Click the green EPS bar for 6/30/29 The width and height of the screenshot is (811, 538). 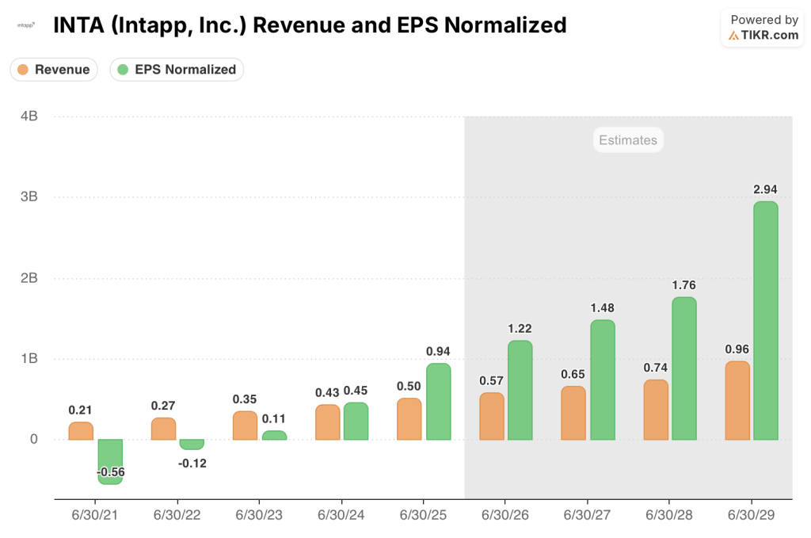coord(765,321)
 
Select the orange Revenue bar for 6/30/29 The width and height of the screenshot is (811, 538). coord(737,401)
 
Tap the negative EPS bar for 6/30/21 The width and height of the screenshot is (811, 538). coord(110,460)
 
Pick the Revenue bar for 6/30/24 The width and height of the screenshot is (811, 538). coord(327,422)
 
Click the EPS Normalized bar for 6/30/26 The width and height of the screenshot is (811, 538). coord(520,390)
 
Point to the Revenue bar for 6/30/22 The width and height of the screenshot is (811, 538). coord(163,429)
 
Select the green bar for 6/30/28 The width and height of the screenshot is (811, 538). coord(683,368)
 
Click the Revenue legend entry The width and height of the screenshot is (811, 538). coord(54,70)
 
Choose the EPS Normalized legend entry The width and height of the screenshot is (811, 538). coord(177,70)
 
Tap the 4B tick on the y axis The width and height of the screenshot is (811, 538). coord(29,116)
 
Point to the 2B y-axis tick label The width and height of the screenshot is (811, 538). coord(29,278)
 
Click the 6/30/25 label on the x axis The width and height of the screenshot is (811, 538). coord(424,514)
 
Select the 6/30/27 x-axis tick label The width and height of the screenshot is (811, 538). coord(588,514)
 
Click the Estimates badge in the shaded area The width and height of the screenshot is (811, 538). coord(627,140)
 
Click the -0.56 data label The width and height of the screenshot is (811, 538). coord(111,472)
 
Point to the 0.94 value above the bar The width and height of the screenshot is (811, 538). coord(438,351)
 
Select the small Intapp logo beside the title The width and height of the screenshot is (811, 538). coord(26,25)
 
